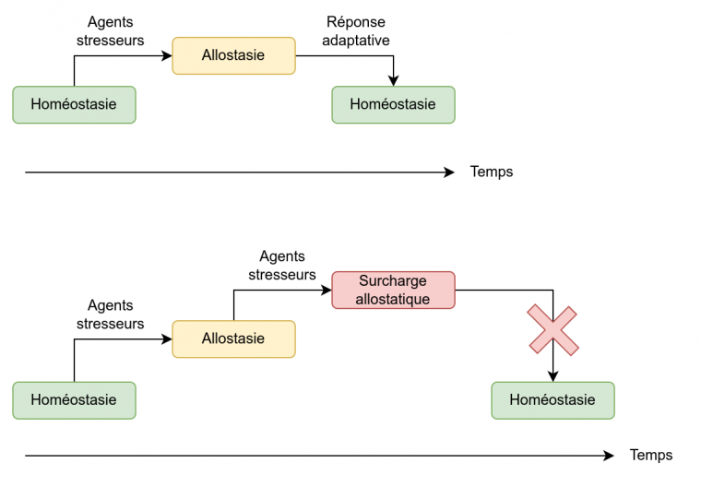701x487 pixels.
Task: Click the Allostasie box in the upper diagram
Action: pyautogui.click(x=233, y=55)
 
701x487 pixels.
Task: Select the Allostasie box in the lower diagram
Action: pyautogui.click(x=233, y=339)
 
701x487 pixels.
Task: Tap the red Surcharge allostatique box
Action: pyautogui.click(x=393, y=290)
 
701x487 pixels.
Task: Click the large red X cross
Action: pyautogui.click(x=553, y=330)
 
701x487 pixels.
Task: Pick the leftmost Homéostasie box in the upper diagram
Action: pyautogui.click(x=74, y=104)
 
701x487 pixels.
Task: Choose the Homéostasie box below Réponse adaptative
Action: pyautogui.click(x=393, y=104)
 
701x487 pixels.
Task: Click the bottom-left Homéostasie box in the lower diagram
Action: pyautogui.click(x=74, y=400)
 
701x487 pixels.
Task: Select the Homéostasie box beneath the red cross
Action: pyautogui.click(x=552, y=400)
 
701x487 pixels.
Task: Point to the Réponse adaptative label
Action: pyautogui.click(x=356, y=31)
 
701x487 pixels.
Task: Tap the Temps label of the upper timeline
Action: pyautogui.click(x=492, y=172)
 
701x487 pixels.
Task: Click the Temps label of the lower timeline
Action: pyautogui.click(x=651, y=456)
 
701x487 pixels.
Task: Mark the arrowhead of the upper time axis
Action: pyautogui.click(x=450, y=172)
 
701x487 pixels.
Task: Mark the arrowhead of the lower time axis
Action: pyautogui.click(x=610, y=456)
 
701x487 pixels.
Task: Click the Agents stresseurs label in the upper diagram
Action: pyautogui.click(x=111, y=31)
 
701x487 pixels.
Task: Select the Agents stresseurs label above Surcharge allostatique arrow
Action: pyautogui.click(x=282, y=266)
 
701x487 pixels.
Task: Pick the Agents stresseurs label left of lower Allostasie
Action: pyautogui.click(x=111, y=315)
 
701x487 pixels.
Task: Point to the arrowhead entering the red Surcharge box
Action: pyautogui.click(x=327, y=290)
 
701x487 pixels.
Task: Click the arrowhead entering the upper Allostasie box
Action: pyautogui.click(x=167, y=56)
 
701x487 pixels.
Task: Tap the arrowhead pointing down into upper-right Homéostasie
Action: pyautogui.click(x=394, y=81)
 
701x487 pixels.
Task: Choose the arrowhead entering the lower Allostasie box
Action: pyautogui.click(x=167, y=339)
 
